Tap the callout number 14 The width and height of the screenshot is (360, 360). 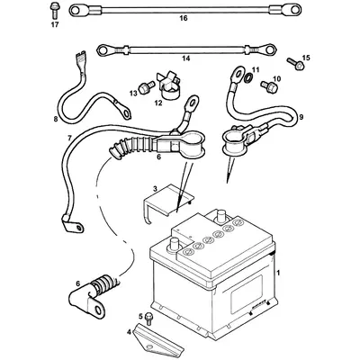point(186,58)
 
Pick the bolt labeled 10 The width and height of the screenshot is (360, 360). point(266,87)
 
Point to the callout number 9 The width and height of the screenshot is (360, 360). point(301,116)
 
